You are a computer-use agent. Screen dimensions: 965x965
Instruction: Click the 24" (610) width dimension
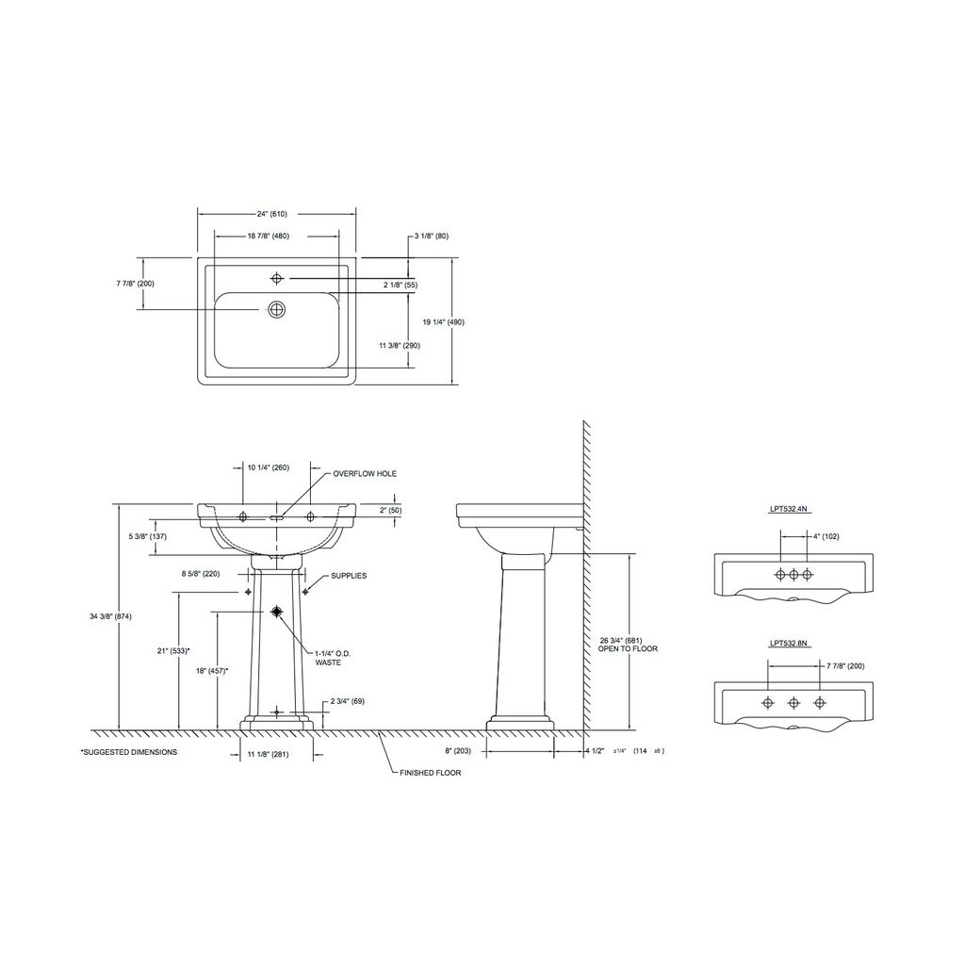pos(272,214)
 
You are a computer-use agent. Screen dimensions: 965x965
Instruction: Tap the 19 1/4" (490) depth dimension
pos(443,322)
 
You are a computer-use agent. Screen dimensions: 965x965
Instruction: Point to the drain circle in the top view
pos(277,309)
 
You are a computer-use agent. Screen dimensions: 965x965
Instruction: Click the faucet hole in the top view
pos(277,279)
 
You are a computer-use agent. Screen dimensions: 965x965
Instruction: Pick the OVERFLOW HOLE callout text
pos(365,474)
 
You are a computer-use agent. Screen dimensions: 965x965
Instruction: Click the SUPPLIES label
pos(349,576)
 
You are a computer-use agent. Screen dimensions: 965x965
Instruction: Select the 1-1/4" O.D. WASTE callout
pos(333,658)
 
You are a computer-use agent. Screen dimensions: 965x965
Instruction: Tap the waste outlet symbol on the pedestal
pos(276,611)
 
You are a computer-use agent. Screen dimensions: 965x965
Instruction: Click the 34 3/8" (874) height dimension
pos(111,616)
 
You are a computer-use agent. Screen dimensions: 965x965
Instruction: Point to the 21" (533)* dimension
pos(173,650)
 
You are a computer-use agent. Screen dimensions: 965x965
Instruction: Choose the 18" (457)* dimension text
pos(212,671)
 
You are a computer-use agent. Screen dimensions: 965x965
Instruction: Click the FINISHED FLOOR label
pos(430,773)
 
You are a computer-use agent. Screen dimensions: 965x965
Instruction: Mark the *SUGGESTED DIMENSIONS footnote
pos(129,752)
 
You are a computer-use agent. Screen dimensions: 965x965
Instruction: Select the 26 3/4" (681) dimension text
pos(621,641)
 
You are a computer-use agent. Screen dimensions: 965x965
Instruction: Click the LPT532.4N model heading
pos(788,509)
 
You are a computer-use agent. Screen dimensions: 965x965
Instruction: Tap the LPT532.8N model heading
pos(788,644)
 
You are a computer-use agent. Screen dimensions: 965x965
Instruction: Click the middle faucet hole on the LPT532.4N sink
pos(793,575)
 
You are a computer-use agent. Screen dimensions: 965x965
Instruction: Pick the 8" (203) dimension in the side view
pos(458,751)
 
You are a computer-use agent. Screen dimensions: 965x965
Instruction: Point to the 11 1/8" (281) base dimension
pos(268,754)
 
